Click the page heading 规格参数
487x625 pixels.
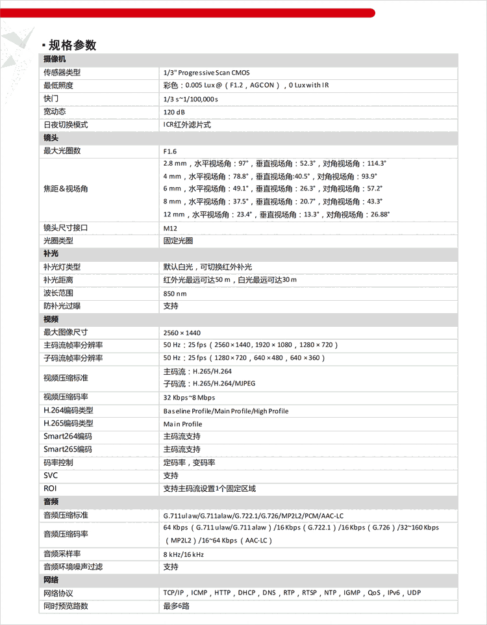(72, 45)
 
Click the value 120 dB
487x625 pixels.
(174, 112)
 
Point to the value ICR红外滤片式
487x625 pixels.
(187, 125)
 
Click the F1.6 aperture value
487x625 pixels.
(170, 151)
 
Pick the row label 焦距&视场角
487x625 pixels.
(66, 188)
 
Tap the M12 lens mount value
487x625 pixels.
(170, 228)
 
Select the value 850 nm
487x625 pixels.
(175, 293)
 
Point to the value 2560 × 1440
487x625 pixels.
(182, 332)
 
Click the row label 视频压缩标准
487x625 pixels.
(66, 377)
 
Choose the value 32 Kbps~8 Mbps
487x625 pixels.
(189, 397)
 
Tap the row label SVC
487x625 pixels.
(51, 476)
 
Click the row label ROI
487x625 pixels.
(50, 489)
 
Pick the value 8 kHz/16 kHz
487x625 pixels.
(184, 554)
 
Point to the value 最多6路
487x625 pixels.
(177, 606)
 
